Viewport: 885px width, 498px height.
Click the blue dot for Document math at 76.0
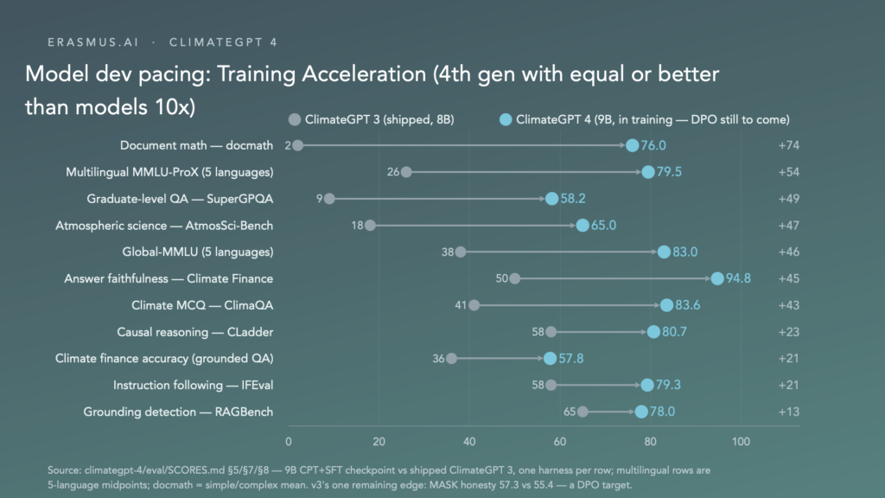pyautogui.click(x=632, y=145)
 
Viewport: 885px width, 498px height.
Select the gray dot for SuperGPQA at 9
pyautogui.click(x=329, y=199)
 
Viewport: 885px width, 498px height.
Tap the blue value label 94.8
pyautogui.click(x=738, y=278)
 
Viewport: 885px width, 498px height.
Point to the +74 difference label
pyautogui.click(x=788, y=145)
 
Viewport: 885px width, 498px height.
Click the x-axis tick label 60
pyautogui.click(x=559, y=442)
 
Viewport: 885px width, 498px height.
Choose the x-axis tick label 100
pyautogui.click(x=741, y=442)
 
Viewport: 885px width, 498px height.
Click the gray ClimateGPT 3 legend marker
pyautogui.click(x=294, y=119)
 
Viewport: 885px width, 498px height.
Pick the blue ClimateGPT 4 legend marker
pyautogui.click(x=506, y=119)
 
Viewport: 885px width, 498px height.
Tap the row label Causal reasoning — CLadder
pyautogui.click(x=194, y=332)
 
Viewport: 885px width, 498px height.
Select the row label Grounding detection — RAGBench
pyautogui.click(x=178, y=412)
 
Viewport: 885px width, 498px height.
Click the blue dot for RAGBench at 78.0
pyautogui.click(x=641, y=412)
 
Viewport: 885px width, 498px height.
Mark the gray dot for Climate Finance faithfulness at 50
pyautogui.click(x=515, y=278)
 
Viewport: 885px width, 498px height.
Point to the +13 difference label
pyautogui.click(x=788, y=412)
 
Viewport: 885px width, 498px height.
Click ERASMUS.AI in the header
pyautogui.click(x=93, y=42)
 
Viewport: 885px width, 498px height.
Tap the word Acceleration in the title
pyautogui.click(x=364, y=74)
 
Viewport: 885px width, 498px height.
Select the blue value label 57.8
pyautogui.click(x=570, y=359)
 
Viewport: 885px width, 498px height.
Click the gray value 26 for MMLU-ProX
pyautogui.click(x=393, y=172)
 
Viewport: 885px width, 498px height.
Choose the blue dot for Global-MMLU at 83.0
pyautogui.click(x=664, y=252)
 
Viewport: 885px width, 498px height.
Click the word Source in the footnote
pyautogui.click(x=64, y=470)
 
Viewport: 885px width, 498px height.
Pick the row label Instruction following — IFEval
pyautogui.click(x=193, y=385)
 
